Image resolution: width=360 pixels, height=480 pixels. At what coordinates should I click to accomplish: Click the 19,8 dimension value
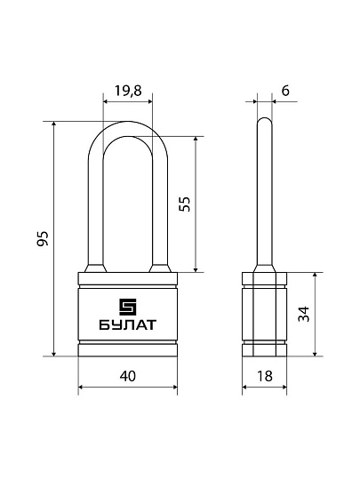click(128, 91)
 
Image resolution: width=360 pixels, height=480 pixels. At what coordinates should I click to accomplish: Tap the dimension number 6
click(285, 91)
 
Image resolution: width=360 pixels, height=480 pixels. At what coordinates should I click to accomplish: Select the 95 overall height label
click(43, 238)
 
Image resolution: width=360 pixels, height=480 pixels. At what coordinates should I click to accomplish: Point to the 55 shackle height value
click(185, 204)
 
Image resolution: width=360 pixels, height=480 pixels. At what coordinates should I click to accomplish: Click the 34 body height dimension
click(304, 314)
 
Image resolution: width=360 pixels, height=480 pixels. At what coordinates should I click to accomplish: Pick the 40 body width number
click(128, 376)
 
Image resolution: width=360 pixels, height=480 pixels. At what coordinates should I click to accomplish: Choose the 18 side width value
click(265, 376)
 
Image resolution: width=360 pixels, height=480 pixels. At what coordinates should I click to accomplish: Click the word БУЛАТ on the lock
click(128, 324)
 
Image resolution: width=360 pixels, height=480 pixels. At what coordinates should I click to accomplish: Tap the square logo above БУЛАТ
click(128, 307)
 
